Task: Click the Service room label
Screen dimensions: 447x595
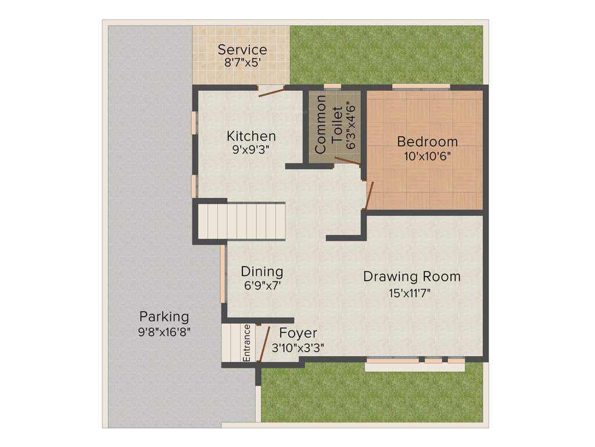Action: tap(242, 49)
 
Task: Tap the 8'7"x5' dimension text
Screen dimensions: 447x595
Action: tap(242, 63)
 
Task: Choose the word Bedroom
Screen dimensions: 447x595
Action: tap(427, 141)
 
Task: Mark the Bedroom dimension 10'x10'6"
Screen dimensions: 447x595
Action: tap(427, 156)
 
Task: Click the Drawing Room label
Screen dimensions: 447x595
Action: tap(411, 276)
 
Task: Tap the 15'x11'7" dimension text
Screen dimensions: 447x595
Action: tap(411, 293)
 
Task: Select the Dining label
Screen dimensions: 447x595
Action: tap(262, 271)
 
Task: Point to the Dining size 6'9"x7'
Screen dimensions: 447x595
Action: tap(262, 286)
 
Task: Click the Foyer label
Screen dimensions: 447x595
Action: tap(298, 333)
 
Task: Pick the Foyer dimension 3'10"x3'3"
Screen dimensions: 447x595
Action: tap(298, 347)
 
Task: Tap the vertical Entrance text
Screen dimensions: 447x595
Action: tap(247, 343)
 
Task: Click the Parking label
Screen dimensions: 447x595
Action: tap(164, 317)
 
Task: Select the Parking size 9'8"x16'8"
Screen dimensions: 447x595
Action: tap(164, 332)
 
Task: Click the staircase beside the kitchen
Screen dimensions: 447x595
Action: tap(242, 221)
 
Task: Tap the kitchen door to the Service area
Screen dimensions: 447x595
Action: tap(271, 91)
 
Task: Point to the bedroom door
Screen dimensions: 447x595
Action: tap(368, 194)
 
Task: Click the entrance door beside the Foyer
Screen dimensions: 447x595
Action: tap(264, 344)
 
